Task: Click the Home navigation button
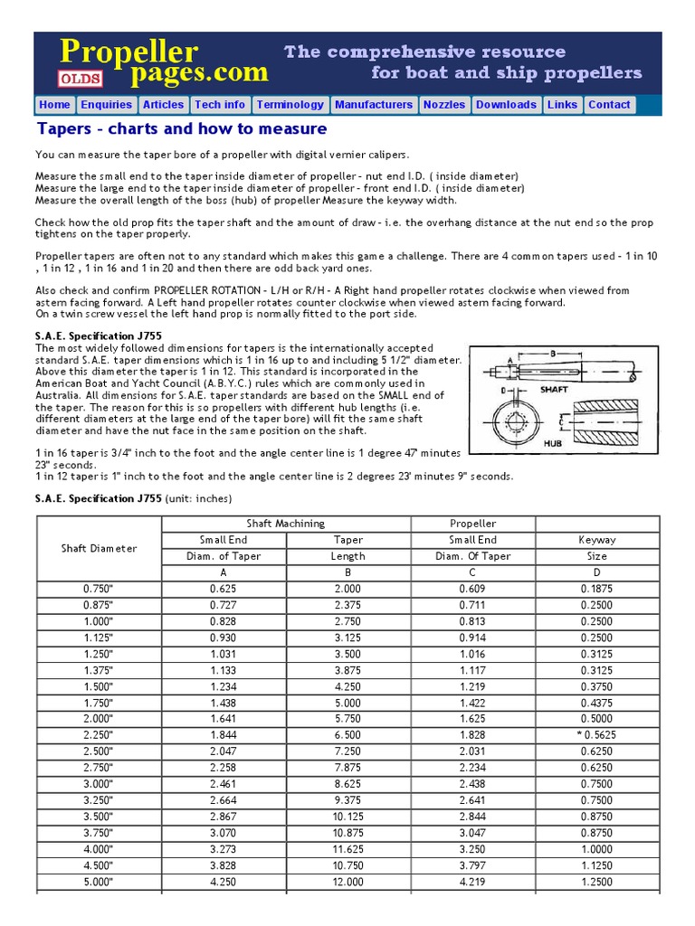pos(54,105)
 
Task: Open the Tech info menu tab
pos(219,105)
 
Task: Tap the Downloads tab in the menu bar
pos(506,105)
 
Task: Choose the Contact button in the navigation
pos(609,105)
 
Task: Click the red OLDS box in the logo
pos(81,78)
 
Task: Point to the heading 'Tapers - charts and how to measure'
pos(181,128)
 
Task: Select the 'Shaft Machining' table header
pos(286,524)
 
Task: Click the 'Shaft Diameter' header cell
pos(99,548)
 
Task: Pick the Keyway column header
pos(596,540)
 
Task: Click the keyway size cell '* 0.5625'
pos(596,735)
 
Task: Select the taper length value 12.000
pos(348,882)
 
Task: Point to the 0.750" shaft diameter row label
pos(99,589)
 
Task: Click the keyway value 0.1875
pos(596,589)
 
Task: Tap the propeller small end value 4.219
pos(473,882)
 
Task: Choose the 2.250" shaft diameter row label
pos(99,735)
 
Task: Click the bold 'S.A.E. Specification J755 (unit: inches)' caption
pos(133,498)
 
